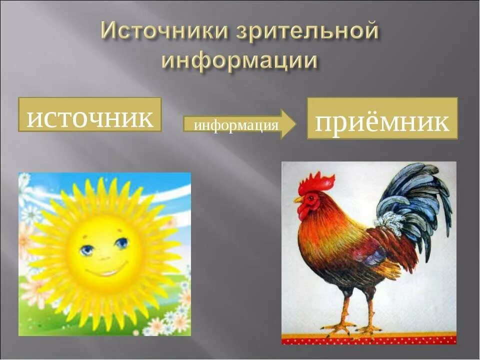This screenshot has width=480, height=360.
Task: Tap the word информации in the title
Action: [239, 60]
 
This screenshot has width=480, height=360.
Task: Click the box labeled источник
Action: [90, 115]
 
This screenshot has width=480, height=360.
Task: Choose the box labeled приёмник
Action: [382, 118]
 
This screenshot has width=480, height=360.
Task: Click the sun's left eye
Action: [87, 249]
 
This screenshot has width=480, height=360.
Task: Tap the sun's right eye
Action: [121, 243]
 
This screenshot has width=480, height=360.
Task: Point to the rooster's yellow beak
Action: [298, 199]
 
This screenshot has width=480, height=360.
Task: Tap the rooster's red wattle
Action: [304, 212]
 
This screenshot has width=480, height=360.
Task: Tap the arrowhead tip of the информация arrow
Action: [294, 124]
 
